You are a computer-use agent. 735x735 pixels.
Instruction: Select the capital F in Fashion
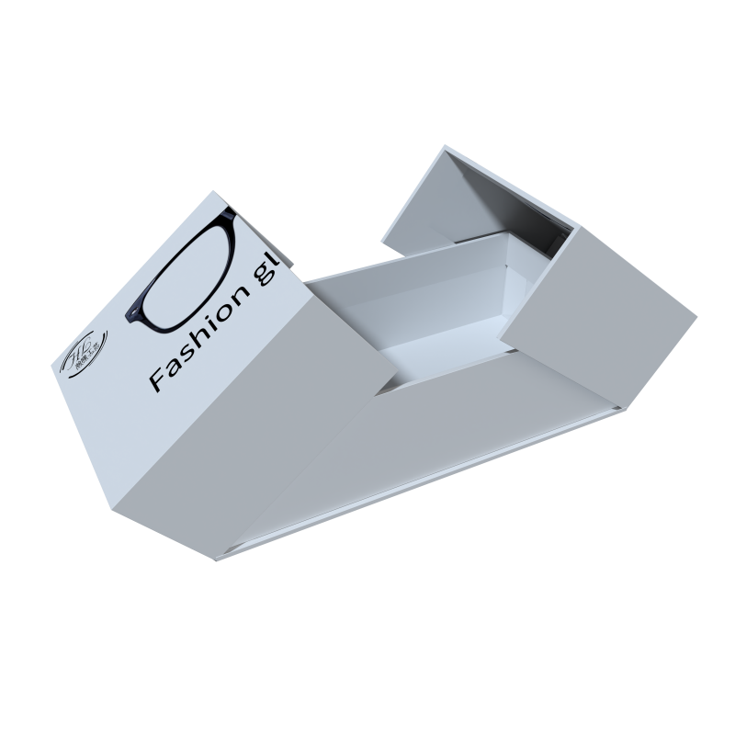158,379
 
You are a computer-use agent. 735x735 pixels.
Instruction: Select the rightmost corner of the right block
696,317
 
